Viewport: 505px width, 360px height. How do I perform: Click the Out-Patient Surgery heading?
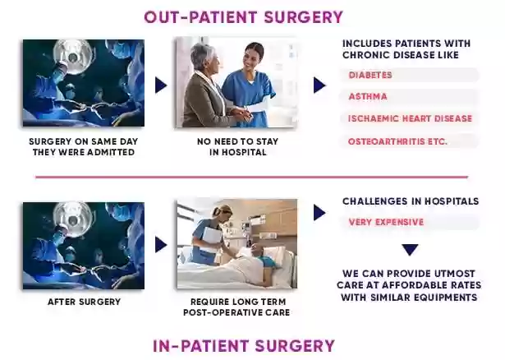pyautogui.click(x=244, y=17)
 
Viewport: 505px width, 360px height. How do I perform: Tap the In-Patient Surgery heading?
pyautogui.click(x=244, y=346)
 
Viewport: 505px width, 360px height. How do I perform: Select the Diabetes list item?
pyautogui.click(x=370, y=75)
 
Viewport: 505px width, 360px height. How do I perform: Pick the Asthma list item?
pyautogui.click(x=368, y=96)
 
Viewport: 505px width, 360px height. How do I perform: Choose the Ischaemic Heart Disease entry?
pyautogui.click(x=410, y=118)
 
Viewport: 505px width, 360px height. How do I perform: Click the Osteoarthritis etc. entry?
pyautogui.click(x=397, y=141)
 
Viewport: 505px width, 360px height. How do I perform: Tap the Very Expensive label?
pyautogui.click(x=386, y=222)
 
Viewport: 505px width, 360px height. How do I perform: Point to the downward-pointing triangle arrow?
pyautogui.click(x=410, y=250)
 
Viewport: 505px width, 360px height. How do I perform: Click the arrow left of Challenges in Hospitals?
pyautogui.click(x=319, y=213)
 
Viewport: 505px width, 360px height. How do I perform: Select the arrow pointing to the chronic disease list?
pyautogui.click(x=319, y=85)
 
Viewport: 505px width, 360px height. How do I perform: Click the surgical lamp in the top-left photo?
pyautogui.click(x=73, y=57)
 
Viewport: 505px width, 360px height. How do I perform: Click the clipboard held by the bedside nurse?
pyautogui.click(x=212, y=239)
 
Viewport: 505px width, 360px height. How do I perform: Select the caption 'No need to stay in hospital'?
pyautogui.click(x=237, y=146)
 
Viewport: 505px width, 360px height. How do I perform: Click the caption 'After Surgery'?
pyautogui.click(x=84, y=302)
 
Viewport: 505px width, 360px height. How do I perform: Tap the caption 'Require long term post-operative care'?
pyautogui.click(x=236, y=307)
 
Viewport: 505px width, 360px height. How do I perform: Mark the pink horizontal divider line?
pyautogui.click(x=251, y=177)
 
